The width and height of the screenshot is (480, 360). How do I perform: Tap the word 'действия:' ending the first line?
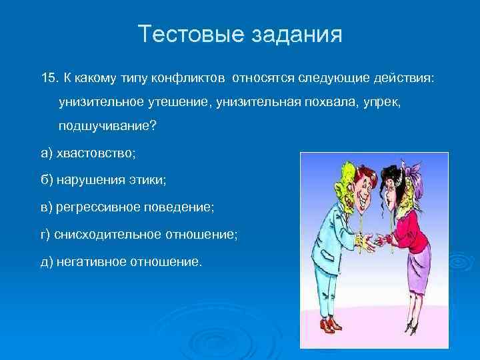point(405,79)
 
